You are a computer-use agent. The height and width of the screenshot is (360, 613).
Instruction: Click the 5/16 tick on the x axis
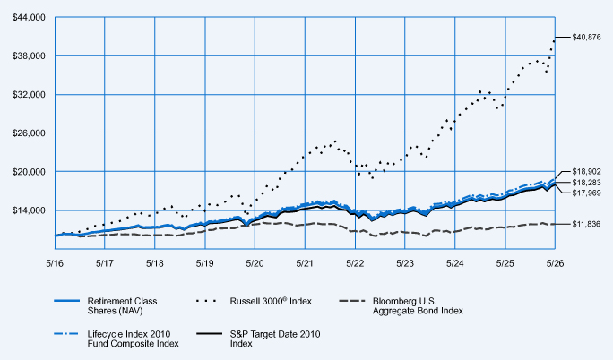55,263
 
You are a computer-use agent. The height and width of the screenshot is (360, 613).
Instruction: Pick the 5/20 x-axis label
255,263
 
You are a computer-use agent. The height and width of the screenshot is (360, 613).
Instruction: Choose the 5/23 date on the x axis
405,263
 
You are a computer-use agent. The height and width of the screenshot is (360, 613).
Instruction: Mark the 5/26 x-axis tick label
555,263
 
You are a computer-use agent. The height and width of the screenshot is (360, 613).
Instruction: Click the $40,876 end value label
586,38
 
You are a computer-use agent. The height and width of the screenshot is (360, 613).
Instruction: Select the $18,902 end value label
586,171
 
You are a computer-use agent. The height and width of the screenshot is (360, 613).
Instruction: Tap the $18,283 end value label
586,183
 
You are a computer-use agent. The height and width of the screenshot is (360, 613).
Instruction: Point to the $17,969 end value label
586,193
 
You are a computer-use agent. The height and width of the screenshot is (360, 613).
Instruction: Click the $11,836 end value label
586,224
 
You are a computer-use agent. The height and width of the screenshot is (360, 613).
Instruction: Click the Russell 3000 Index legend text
271,301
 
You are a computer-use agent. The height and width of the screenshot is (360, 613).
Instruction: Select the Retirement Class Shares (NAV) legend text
123,305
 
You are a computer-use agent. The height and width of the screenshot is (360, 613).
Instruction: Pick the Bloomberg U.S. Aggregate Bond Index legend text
418,305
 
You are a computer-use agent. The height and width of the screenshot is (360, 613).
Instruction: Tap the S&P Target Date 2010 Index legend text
275,339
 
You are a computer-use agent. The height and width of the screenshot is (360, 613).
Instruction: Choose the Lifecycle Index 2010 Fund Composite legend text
133,339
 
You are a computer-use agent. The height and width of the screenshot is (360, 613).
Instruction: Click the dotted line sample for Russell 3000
206,301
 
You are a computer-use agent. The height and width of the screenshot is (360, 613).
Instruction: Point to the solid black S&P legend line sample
209,334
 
